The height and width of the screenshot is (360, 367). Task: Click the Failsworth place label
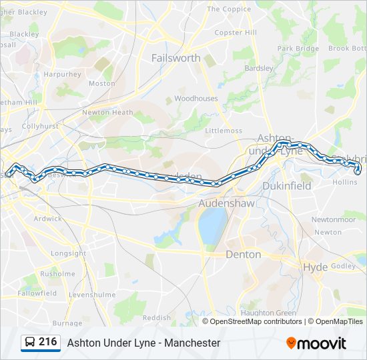click(175, 58)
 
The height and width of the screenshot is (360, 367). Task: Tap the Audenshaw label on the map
click(226, 203)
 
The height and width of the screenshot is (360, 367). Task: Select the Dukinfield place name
click(287, 186)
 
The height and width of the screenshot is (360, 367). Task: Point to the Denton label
click(243, 254)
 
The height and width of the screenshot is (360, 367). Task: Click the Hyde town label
click(316, 267)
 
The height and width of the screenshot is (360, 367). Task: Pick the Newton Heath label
click(107, 113)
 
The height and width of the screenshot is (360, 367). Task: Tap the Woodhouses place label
click(196, 99)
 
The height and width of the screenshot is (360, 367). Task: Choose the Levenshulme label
click(92, 295)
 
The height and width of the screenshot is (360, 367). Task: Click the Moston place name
click(102, 83)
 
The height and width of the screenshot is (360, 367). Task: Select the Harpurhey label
click(62, 75)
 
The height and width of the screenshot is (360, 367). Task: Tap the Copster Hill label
click(235, 33)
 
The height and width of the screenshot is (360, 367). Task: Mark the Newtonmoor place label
click(334, 219)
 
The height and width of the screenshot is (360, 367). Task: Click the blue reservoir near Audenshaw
click(211, 225)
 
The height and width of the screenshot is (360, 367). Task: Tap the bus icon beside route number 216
click(30, 343)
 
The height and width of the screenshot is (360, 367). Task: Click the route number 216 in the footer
click(47, 342)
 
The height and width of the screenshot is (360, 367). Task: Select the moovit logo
click(316, 343)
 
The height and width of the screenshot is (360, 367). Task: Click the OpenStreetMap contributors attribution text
click(256, 321)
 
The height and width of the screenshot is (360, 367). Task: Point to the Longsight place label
click(68, 254)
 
